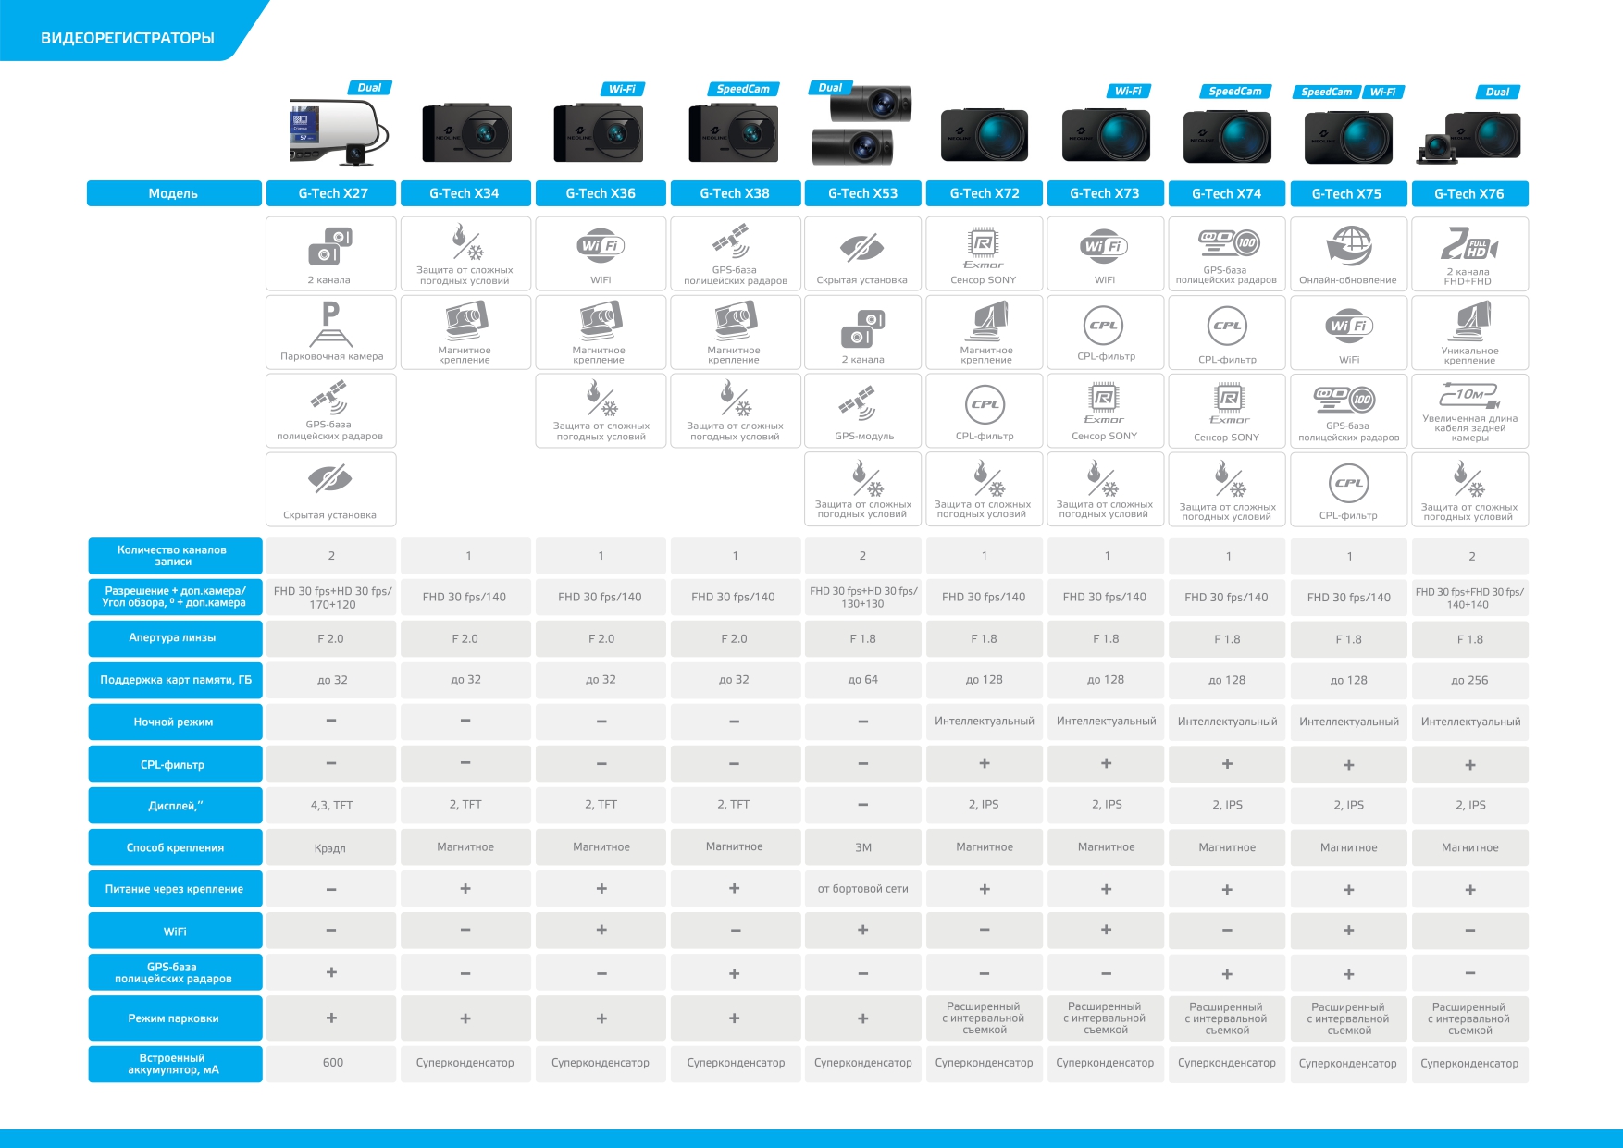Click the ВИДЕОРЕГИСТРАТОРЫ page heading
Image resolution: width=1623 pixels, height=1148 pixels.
[128, 38]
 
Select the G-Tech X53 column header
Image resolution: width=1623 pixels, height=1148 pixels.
[862, 193]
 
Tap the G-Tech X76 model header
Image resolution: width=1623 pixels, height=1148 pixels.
[1469, 193]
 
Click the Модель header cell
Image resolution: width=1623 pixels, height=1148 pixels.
[174, 193]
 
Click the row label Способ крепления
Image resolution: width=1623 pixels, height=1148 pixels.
[175, 847]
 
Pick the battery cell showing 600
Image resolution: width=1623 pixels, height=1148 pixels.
[332, 1063]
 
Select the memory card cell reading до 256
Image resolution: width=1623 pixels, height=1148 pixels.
[1469, 680]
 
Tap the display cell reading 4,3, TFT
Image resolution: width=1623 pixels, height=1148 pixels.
[331, 805]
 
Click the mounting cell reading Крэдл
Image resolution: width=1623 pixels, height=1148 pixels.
[330, 847]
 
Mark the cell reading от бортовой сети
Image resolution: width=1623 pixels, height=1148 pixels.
[862, 889]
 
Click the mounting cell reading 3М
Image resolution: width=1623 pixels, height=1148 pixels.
[862, 847]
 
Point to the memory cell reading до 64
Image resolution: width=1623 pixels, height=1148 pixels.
[862, 680]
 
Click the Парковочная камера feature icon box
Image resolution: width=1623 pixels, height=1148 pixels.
[331, 331]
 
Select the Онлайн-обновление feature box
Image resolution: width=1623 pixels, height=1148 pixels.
[1348, 253]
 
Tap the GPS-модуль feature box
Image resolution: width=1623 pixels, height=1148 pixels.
[862, 410]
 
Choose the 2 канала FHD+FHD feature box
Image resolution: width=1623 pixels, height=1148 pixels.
[1469, 253]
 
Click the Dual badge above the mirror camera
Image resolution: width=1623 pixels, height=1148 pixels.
[369, 88]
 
